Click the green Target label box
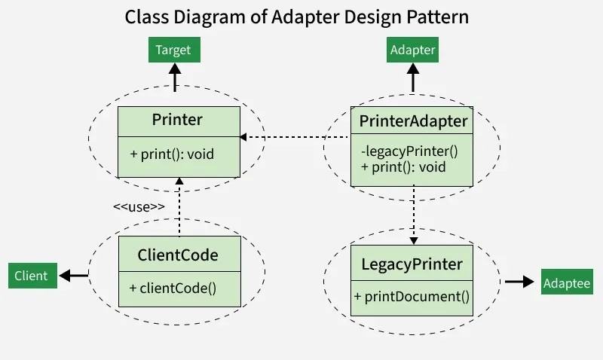173,50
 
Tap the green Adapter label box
412,50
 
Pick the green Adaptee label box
567,283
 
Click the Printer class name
177,120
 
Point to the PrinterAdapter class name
413,121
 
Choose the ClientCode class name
178,255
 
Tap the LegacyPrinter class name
412,265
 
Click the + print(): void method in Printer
172,154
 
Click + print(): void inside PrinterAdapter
403,166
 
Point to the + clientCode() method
173,287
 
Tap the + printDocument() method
412,297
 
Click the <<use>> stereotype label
139,206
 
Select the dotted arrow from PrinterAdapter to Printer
294,137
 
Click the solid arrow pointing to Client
74,276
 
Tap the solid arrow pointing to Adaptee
519,282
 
